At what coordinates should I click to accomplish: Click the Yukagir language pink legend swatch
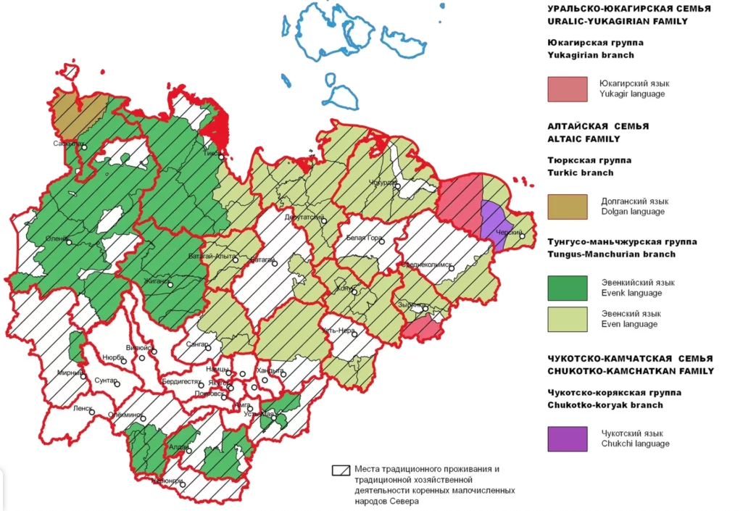(x=567, y=88)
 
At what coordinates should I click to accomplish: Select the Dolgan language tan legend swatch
(x=567, y=207)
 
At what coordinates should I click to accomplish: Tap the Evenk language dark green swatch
(x=567, y=288)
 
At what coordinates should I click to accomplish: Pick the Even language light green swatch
(x=567, y=318)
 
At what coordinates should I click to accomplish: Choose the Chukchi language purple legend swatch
(x=567, y=439)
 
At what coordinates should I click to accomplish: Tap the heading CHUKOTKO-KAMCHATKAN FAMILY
(x=631, y=371)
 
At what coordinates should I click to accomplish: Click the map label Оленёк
(x=56, y=239)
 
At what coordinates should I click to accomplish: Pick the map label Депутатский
(x=305, y=216)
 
